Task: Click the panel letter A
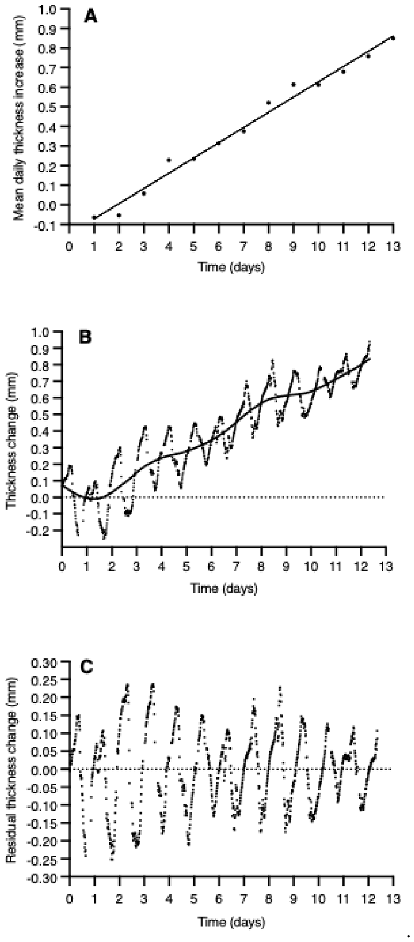[x=91, y=18]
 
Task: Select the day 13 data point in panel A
[x=393, y=37]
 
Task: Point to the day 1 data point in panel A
[x=94, y=217]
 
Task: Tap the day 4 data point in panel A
[x=169, y=160]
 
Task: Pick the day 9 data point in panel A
[x=294, y=84]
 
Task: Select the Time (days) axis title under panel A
[x=232, y=267]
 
